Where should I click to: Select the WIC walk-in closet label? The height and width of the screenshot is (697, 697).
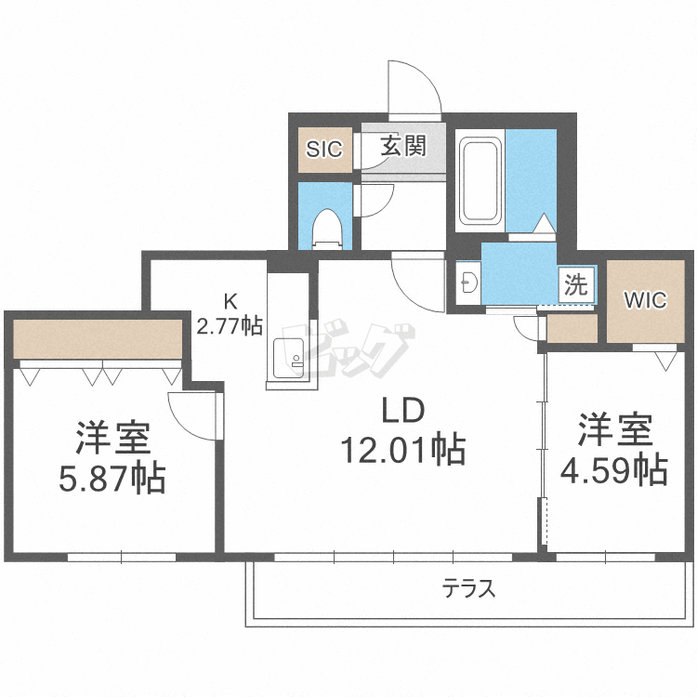(x=645, y=300)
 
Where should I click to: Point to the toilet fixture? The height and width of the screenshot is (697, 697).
(x=325, y=227)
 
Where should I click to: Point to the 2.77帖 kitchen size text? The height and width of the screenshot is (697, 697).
(x=229, y=325)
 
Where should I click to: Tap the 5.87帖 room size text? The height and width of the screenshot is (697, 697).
(x=112, y=479)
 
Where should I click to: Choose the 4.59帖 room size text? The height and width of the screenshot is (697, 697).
(x=613, y=469)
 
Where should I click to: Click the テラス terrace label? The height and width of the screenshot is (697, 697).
(x=468, y=587)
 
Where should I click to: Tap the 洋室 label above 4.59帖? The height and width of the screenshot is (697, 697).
(x=614, y=429)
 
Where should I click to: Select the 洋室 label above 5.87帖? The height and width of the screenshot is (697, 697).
(x=112, y=437)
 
